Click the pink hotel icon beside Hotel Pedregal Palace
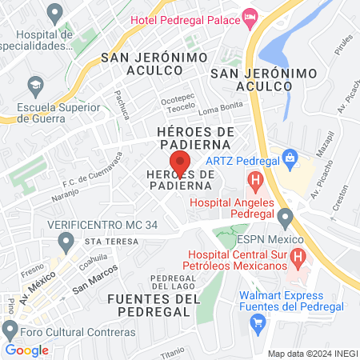tap(251, 15)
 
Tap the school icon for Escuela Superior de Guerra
tap(36, 83)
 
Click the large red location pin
tap(182, 163)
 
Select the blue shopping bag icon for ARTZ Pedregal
tap(290, 155)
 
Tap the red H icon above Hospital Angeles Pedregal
tap(256, 182)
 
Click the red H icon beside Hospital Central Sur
tap(298, 258)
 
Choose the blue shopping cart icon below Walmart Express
tap(258, 322)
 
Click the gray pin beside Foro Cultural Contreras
tap(10, 330)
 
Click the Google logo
tap(26, 350)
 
